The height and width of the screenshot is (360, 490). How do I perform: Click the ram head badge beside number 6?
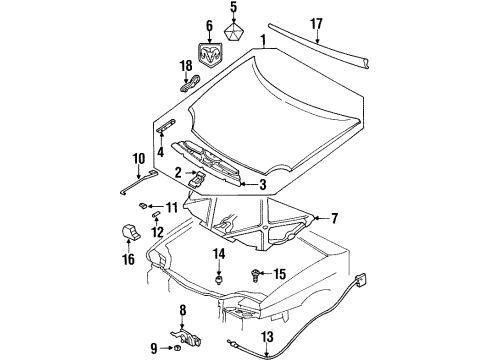[212, 56]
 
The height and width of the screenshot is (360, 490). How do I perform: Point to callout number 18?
[184, 67]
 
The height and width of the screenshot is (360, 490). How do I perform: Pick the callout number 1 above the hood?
[263, 42]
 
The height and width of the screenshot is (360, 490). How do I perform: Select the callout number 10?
[138, 157]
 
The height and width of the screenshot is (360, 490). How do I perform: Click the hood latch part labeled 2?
[199, 179]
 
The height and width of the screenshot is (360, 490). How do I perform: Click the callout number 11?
[171, 208]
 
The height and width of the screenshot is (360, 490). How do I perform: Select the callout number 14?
[218, 256]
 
